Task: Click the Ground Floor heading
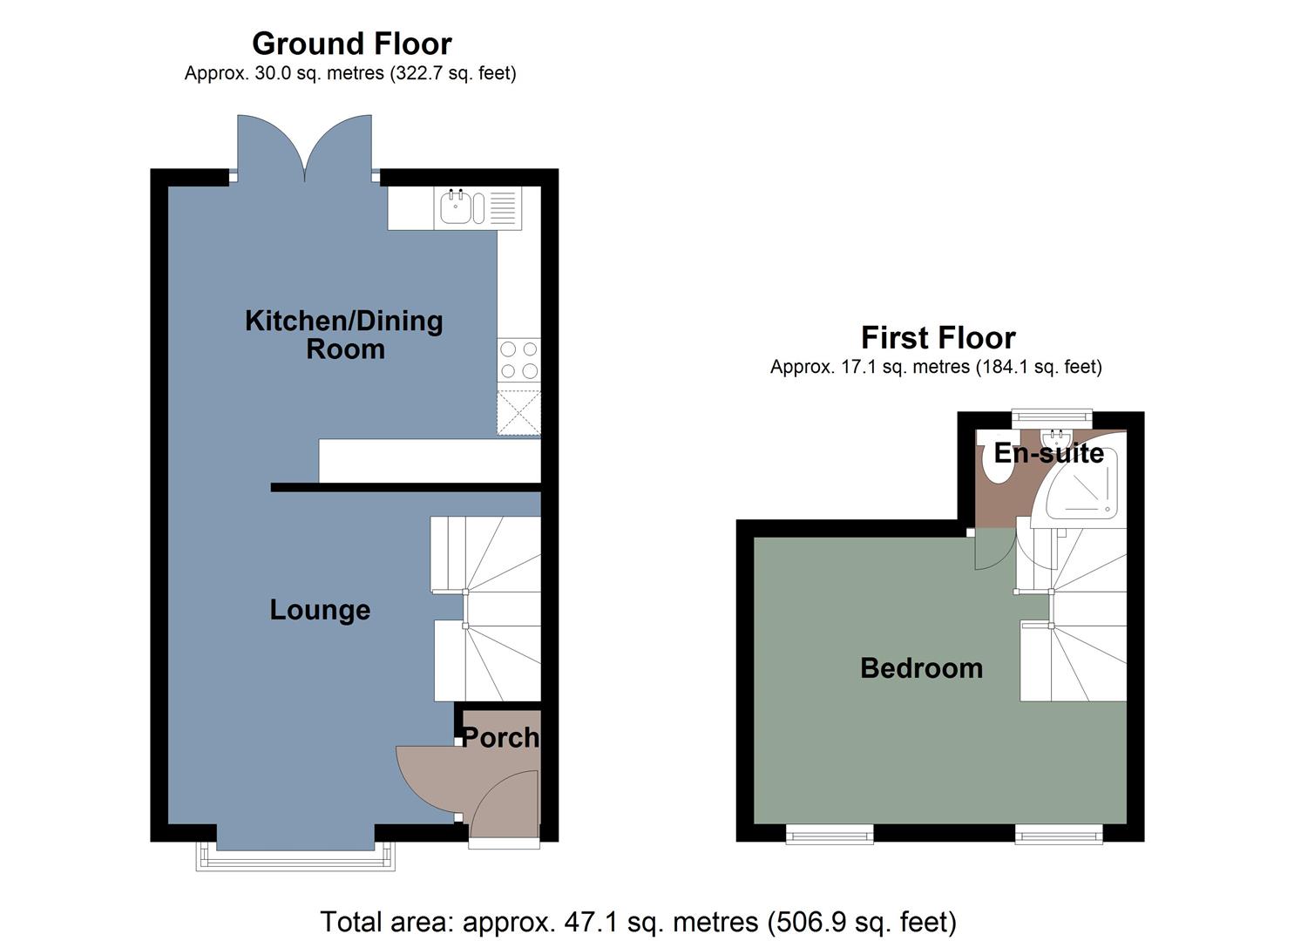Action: click(351, 44)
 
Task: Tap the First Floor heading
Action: click(938, 337)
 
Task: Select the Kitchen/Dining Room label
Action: click(344, 335)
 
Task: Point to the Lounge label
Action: click(320, 610)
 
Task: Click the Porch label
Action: click(499, 738)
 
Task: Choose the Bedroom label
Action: click(921, 668)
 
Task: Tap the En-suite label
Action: click(1048, 453)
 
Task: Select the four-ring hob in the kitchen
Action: click(518, 360)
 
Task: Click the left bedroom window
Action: click(829, 836)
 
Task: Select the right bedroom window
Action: click(1059, 836)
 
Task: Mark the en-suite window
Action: click(1051, 418)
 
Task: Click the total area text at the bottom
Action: click(638, 921)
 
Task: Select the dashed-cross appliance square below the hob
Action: click(518, 412)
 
